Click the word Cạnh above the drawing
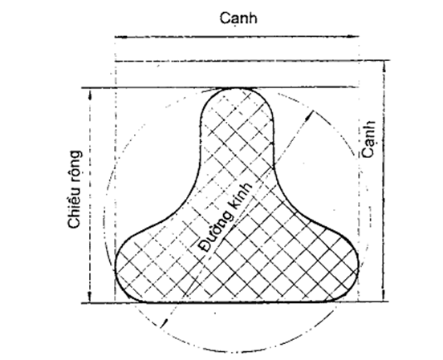coord(238,18)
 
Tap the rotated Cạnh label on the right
coord(369,139)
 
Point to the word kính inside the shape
coord(242,195)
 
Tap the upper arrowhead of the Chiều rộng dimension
coord(90,94)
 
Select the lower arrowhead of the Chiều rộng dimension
coord(90,297)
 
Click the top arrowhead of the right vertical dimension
coord(384,66)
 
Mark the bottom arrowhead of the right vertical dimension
coord(384,296)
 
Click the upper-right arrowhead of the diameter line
coord(310,115)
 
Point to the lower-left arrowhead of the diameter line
coord(164,323)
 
